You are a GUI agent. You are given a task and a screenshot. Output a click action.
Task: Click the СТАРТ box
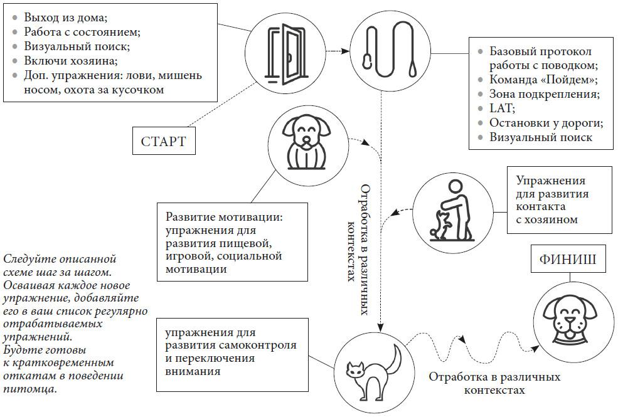164,140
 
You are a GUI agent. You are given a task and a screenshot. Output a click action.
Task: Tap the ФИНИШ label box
568,259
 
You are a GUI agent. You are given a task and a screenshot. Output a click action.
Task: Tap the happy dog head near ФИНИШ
570,319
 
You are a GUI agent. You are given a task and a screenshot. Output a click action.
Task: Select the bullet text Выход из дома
65,18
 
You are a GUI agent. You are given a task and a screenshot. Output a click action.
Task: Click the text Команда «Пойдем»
543,79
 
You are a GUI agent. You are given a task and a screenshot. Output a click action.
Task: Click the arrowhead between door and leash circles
346,51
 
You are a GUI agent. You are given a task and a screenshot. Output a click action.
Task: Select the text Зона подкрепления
545,93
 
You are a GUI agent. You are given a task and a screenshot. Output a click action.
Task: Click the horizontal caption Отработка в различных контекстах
494,383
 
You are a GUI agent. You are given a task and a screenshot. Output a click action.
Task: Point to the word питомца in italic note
30,389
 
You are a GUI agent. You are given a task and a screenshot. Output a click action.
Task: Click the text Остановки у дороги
546,122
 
